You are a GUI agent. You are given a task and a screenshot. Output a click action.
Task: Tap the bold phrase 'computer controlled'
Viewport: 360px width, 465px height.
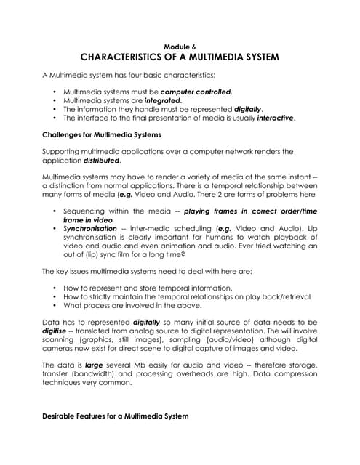[x=196, y=92]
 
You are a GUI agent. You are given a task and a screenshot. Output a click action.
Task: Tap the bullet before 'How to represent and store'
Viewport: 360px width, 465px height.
[x=56, y=288]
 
